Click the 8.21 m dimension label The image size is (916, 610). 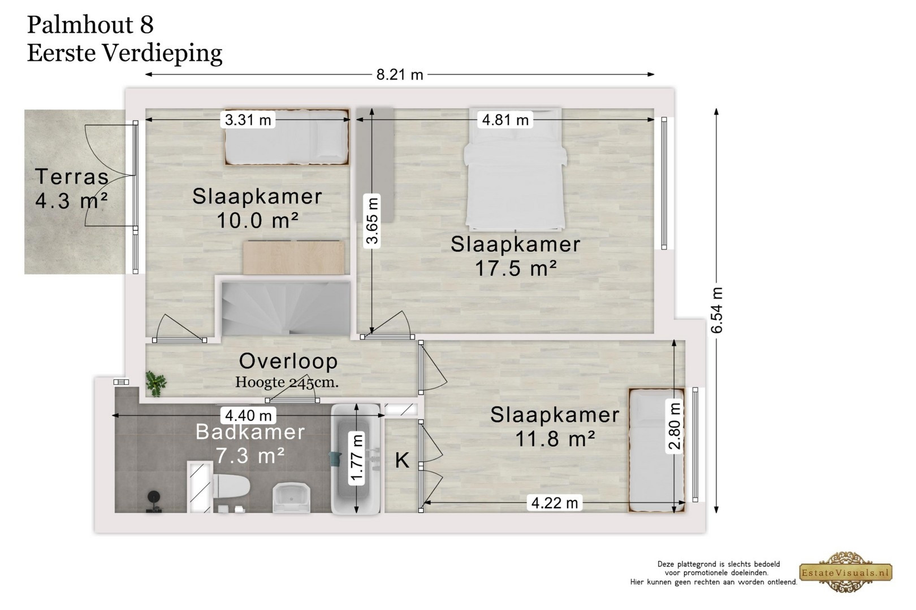400,75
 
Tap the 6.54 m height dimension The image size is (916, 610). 717,310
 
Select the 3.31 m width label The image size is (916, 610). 248,120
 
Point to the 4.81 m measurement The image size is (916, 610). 505,120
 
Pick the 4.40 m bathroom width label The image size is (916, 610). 248,416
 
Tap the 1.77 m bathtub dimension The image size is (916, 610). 357,458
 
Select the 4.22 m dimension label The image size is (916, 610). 554,503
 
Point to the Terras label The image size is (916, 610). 72,176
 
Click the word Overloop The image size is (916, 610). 288,361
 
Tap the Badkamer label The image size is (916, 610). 250,432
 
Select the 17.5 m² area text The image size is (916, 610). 516,268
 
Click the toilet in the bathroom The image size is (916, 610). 231,487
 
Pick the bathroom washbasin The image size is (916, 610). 291,497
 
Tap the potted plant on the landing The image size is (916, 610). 156,384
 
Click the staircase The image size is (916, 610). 286,308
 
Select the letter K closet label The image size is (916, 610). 402,460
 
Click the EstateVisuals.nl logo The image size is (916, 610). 846,572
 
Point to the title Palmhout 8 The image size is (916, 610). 90,24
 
